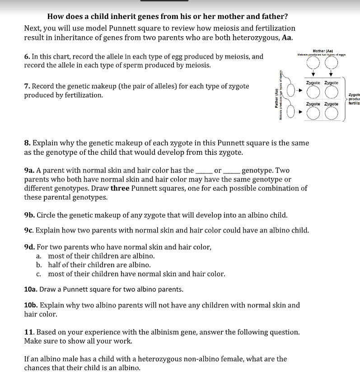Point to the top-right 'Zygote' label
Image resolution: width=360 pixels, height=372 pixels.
point(331,83)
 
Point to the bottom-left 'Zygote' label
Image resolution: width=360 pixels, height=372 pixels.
point(313,104)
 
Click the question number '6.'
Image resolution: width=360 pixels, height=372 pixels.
point(27,57)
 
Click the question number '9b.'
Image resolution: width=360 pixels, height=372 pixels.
point(29,215)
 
